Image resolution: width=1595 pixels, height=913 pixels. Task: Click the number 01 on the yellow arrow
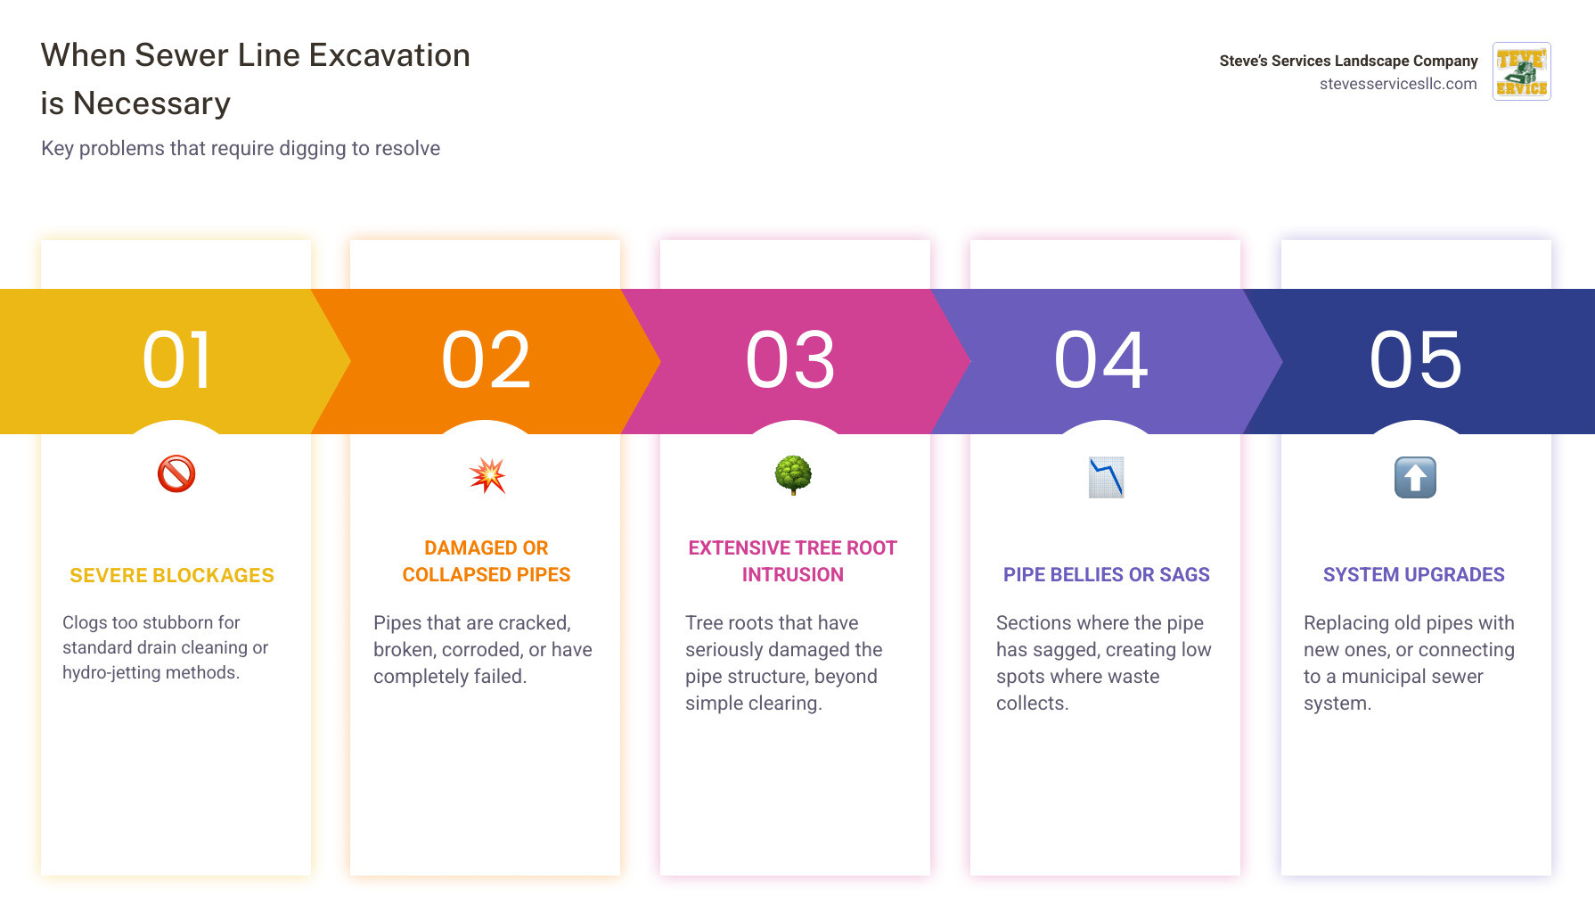click(176, 359)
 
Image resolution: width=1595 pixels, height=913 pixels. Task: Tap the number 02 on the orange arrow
click(487, 359)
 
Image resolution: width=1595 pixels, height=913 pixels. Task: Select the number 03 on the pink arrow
click(791, 359)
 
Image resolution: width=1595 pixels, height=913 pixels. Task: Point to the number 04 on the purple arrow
click(1101, 359)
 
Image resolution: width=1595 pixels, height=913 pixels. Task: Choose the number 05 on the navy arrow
click(1416, 359)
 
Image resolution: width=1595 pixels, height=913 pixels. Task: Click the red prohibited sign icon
click(176, 474)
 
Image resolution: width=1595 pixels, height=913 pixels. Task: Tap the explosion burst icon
click(487, 475)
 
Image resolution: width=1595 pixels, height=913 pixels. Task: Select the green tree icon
click(793, 475)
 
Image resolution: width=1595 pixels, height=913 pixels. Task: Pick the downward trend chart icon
click(1106, 477)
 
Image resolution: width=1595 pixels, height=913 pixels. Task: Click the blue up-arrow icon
click(1415, 477)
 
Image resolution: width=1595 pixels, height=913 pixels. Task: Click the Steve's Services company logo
click(1522, 71)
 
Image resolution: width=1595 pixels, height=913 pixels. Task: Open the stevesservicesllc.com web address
click(1398, 84)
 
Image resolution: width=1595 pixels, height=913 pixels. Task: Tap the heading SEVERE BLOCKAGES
click(172, 576)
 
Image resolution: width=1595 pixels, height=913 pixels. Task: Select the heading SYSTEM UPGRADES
click(1414, 575)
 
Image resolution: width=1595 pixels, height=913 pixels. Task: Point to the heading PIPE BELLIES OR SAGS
click(1107, 575)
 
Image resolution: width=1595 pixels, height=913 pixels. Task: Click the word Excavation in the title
click(389, 55)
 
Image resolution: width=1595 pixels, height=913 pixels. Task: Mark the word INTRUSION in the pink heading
click(793, 575)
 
